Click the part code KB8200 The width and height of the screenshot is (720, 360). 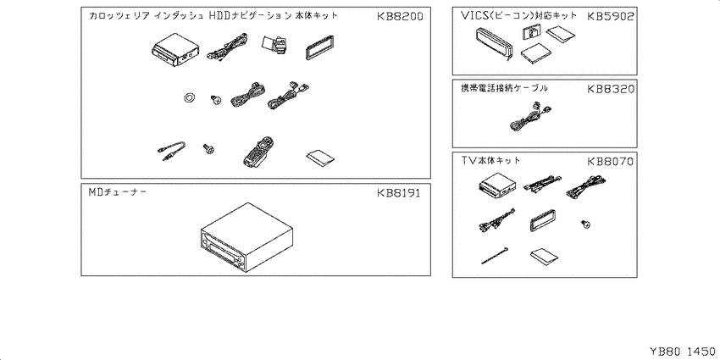[x=401, y=17]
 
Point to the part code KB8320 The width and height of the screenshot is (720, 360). [x=610, y=88]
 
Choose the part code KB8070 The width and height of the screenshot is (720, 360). [x=610, y=160]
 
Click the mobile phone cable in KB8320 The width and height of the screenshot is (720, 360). [x=529, y=115]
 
